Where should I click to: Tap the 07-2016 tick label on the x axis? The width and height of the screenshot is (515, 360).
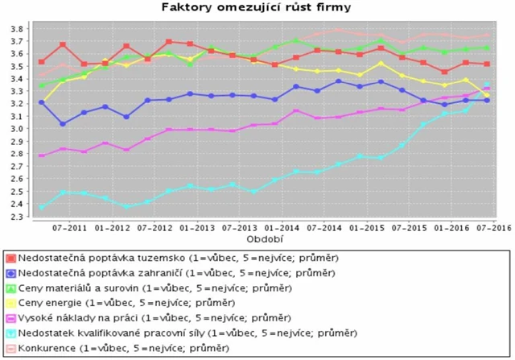[x=492, y=229]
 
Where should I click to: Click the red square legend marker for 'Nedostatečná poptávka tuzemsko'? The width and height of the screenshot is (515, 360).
[x=11, y=259]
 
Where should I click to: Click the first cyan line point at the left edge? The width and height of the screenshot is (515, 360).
[x=42, y=208]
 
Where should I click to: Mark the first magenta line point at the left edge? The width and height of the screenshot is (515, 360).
[x=42, y=155]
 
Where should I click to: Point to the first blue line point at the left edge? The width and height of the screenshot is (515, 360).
[x=42, y=102]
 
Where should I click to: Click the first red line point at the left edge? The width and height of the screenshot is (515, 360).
[x=42, y=62]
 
